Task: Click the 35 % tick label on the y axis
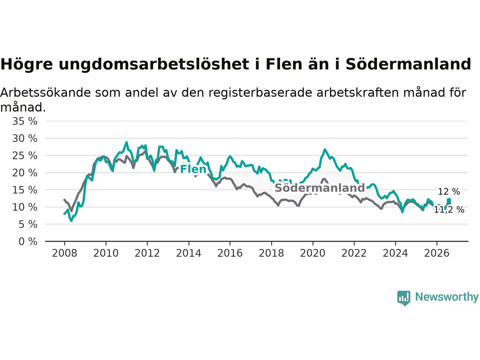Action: point(25,121)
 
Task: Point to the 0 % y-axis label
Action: point(28,242)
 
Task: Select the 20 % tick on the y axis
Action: point(25,173)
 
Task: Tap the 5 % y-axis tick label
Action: point(28,225)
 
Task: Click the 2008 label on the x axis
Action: point(64,253)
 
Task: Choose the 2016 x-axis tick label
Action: point(230,253)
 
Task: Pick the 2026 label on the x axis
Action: point(437,253)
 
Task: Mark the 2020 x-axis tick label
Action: point(313,253)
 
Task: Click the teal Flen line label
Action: point(193,169)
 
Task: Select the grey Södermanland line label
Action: point(320,188)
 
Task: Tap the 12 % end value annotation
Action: point(449,192)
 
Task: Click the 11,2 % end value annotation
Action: point(449,210)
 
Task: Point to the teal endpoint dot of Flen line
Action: point(449,200)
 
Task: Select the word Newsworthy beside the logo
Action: point(447,297)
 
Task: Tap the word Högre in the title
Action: point(27,64)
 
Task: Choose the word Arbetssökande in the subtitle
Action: point(45,93)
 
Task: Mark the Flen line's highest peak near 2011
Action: point(126,142)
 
